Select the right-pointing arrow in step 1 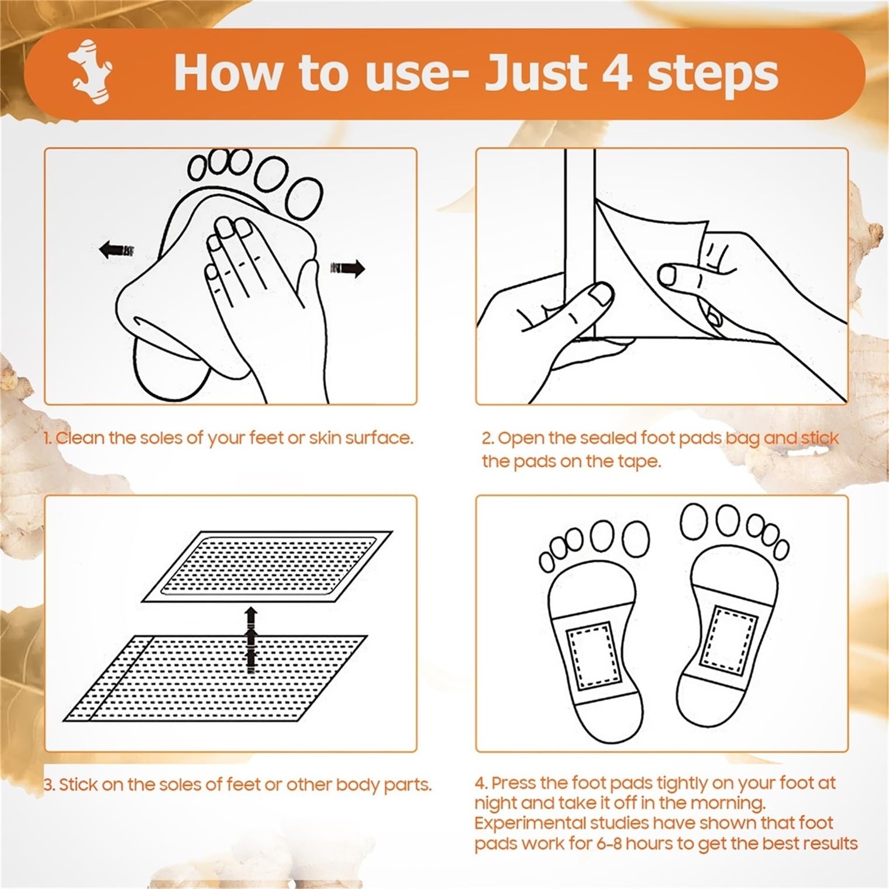(347, 268)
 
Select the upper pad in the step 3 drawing (267, 566)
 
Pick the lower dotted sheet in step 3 (215, 678)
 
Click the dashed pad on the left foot (591, 655)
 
